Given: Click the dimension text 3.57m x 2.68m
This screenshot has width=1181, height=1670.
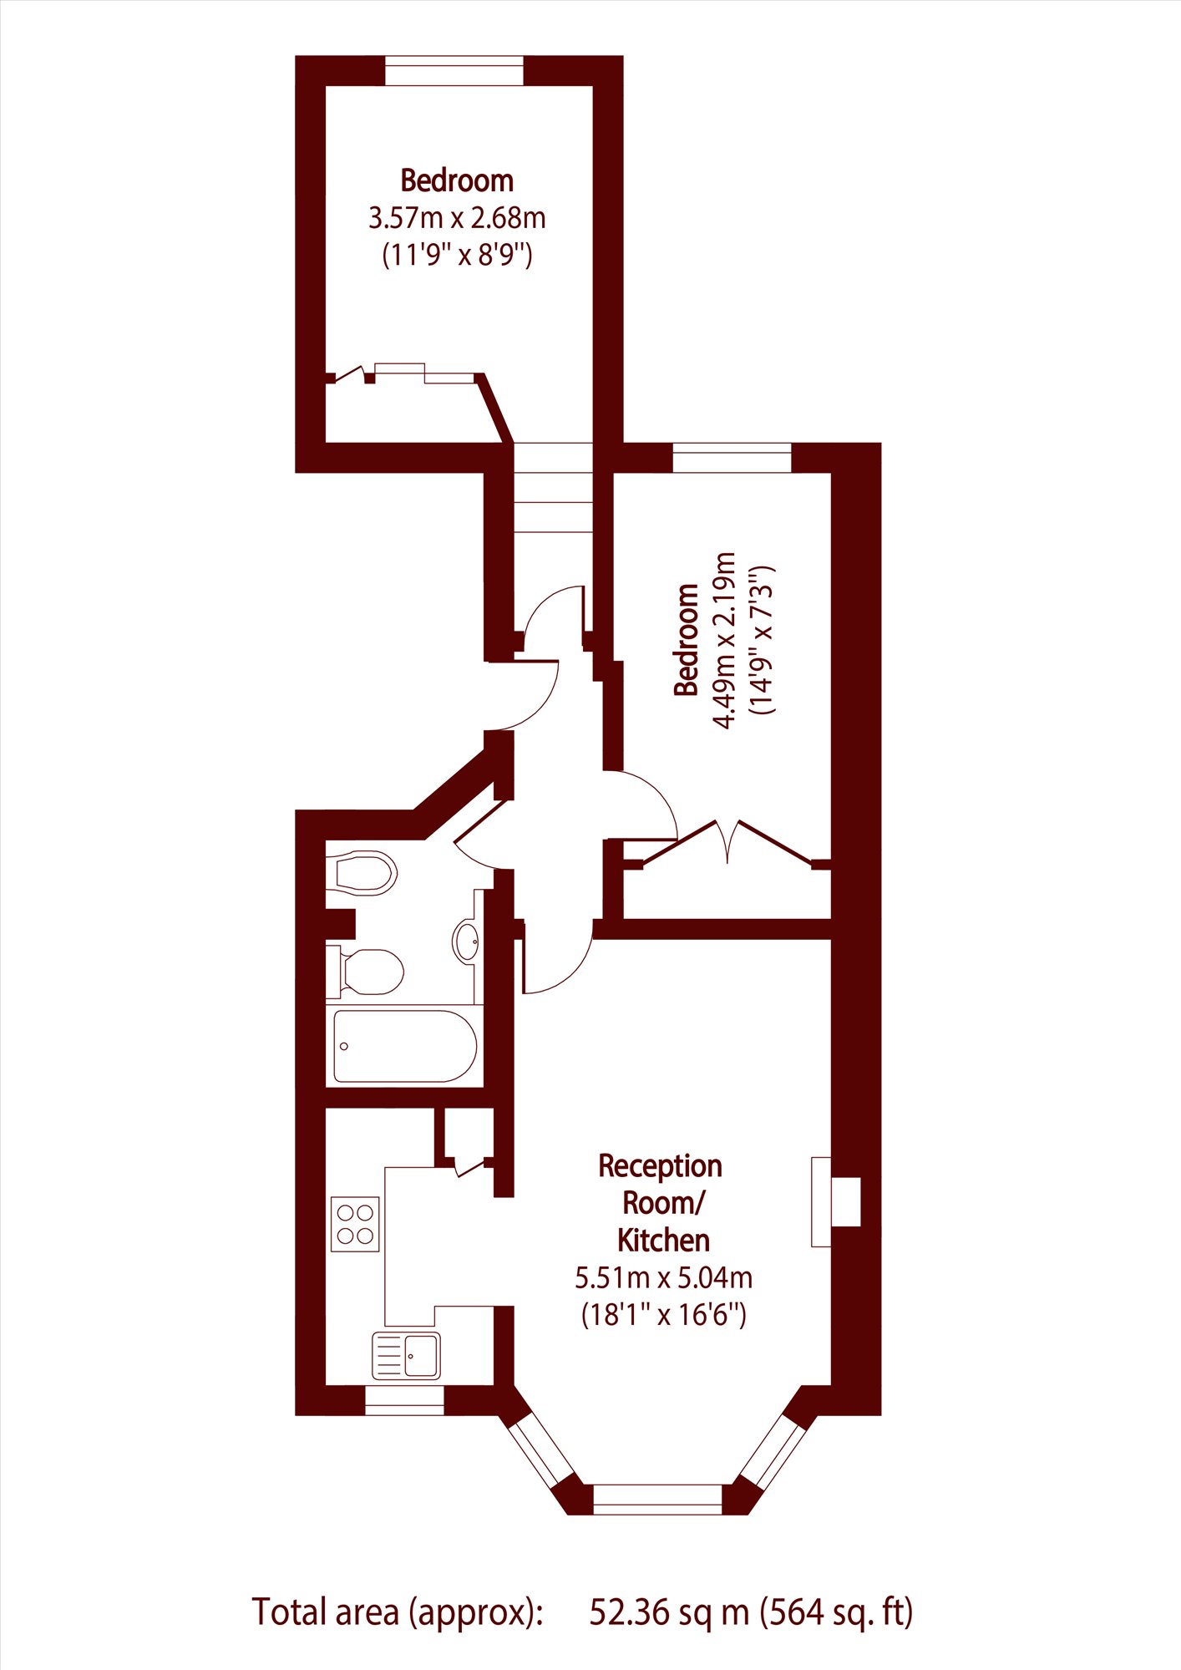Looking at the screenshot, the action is pyautogui.click(x=457, y=218).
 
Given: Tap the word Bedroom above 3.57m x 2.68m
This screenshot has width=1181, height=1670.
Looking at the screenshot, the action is pyautogui.click(x=457, y=180).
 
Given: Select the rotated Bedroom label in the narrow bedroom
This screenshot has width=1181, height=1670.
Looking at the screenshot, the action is pyautogui.click(x=687, y=639).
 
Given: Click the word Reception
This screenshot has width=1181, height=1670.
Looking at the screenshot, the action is pyautogui.click(x=660, y=1166).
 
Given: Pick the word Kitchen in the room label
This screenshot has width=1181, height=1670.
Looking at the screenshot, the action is pyautogui.click(x=663, y=1241).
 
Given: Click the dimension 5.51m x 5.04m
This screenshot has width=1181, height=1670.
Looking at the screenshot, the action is pyautogui.click(x=663, y=1278).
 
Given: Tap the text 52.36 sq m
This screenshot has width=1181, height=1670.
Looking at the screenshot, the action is pyautogui.click(x=669, y=1612).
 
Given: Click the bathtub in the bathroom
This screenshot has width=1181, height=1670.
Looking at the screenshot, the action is pyautogui.click(x=405, y=1046).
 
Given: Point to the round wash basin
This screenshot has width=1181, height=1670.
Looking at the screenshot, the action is pyautogui.click(x=466, y=941).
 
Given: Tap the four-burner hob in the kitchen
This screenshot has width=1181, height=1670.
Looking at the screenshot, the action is pyautogui.click(x=355, y=1224).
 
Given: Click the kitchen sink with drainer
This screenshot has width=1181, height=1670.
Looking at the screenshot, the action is pyautogui.click(x=406, y=1355).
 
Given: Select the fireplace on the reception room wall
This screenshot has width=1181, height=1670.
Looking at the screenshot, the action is pyautogui.click(x=834, y=1201).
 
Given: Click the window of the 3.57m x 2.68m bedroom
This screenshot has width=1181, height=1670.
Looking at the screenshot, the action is pyautogui.click(x=454, y=70).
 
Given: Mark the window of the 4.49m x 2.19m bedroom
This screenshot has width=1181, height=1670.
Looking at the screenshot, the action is pyautogui.click(x=732, y=458).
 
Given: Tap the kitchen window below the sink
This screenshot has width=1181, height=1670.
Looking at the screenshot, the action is pyautogui.click(x=404, y=1400).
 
